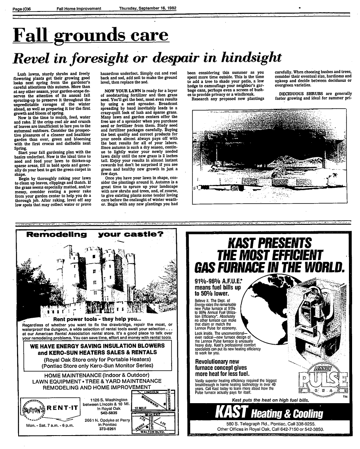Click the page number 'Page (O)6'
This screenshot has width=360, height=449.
pos(23,9)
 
